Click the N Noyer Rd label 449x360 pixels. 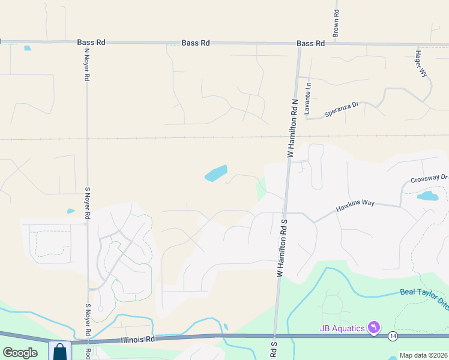click(x=86, y=65)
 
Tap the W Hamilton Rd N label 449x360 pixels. click(x=292, y=128)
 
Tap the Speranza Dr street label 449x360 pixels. click(x=341, y=109)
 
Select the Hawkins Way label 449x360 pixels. click(x=355, y=203)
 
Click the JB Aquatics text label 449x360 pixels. click(x=342, y=328)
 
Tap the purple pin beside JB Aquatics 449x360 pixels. click(x=375, y=327)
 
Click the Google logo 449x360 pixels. click(x=20, y=352)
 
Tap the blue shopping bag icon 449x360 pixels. click(x=59, y=352)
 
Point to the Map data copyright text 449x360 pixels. click(x=423, y=355)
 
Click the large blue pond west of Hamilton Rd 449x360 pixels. click(x=216, y=173)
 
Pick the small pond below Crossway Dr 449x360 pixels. click(x=427, y=196)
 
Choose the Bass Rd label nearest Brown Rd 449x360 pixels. click(x=310, y=44)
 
